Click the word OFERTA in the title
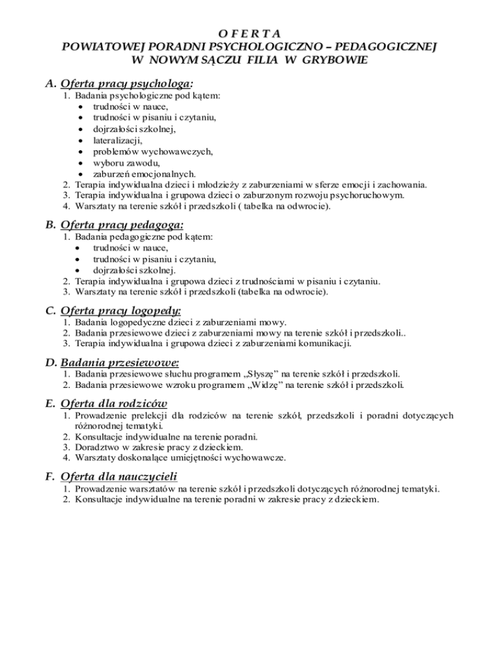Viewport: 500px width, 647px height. coord(249,33)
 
